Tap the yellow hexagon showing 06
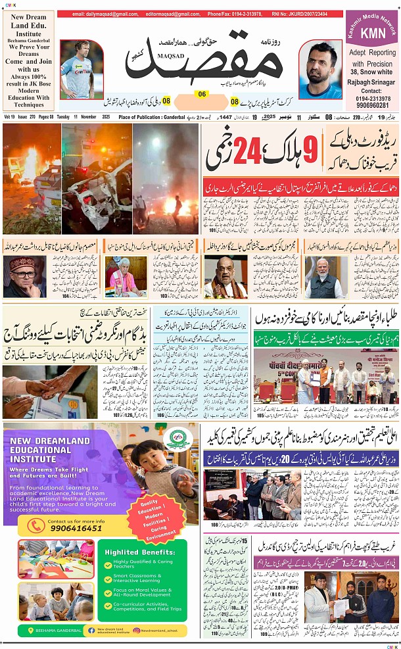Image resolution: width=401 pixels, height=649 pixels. pos(202,94)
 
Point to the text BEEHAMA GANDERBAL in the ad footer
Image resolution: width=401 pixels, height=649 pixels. pos(57,630)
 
